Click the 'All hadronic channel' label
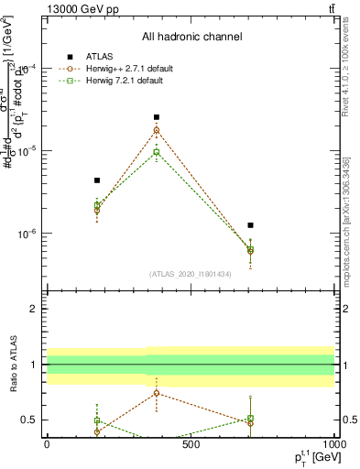[191, 38]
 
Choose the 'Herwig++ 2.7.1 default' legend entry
[125, 68]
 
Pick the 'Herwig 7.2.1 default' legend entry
[120, 81]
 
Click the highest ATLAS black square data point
[157, 117]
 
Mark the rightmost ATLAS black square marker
[250, 225]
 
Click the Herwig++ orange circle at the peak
[157, 130]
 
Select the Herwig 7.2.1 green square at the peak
[157, 152]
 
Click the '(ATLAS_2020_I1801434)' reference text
[190, 274]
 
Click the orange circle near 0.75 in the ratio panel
[157, 393]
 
